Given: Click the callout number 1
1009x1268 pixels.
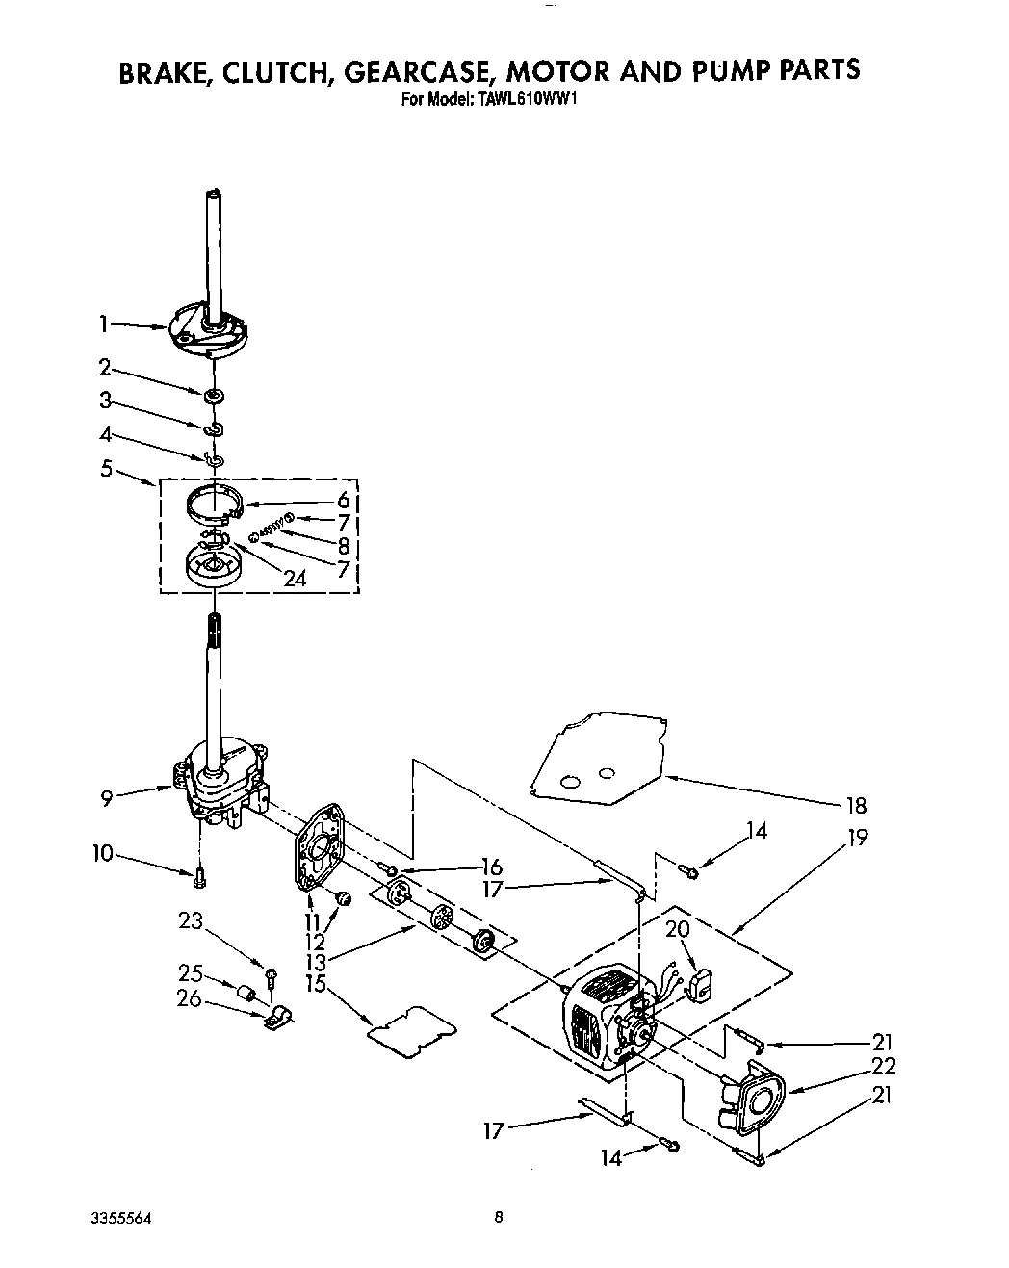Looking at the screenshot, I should point(103,325).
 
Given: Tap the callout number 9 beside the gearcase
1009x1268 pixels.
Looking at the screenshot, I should point(106,797).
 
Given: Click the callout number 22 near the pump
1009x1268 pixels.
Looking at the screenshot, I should point(882,1066).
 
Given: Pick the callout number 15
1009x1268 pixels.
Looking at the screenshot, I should point(315,985).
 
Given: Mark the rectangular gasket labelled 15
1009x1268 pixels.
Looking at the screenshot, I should point(413,1028).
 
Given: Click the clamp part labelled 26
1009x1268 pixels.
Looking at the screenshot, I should point(277,1015).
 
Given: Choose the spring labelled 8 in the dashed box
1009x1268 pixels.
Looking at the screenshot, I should point(272,530).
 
